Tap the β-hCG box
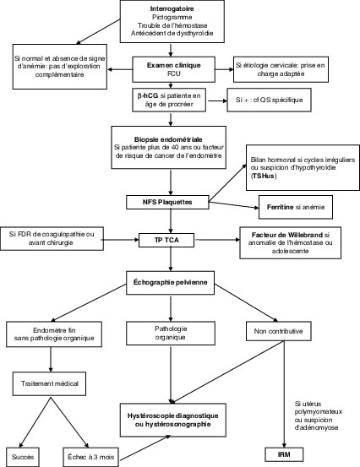pos(172,100)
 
